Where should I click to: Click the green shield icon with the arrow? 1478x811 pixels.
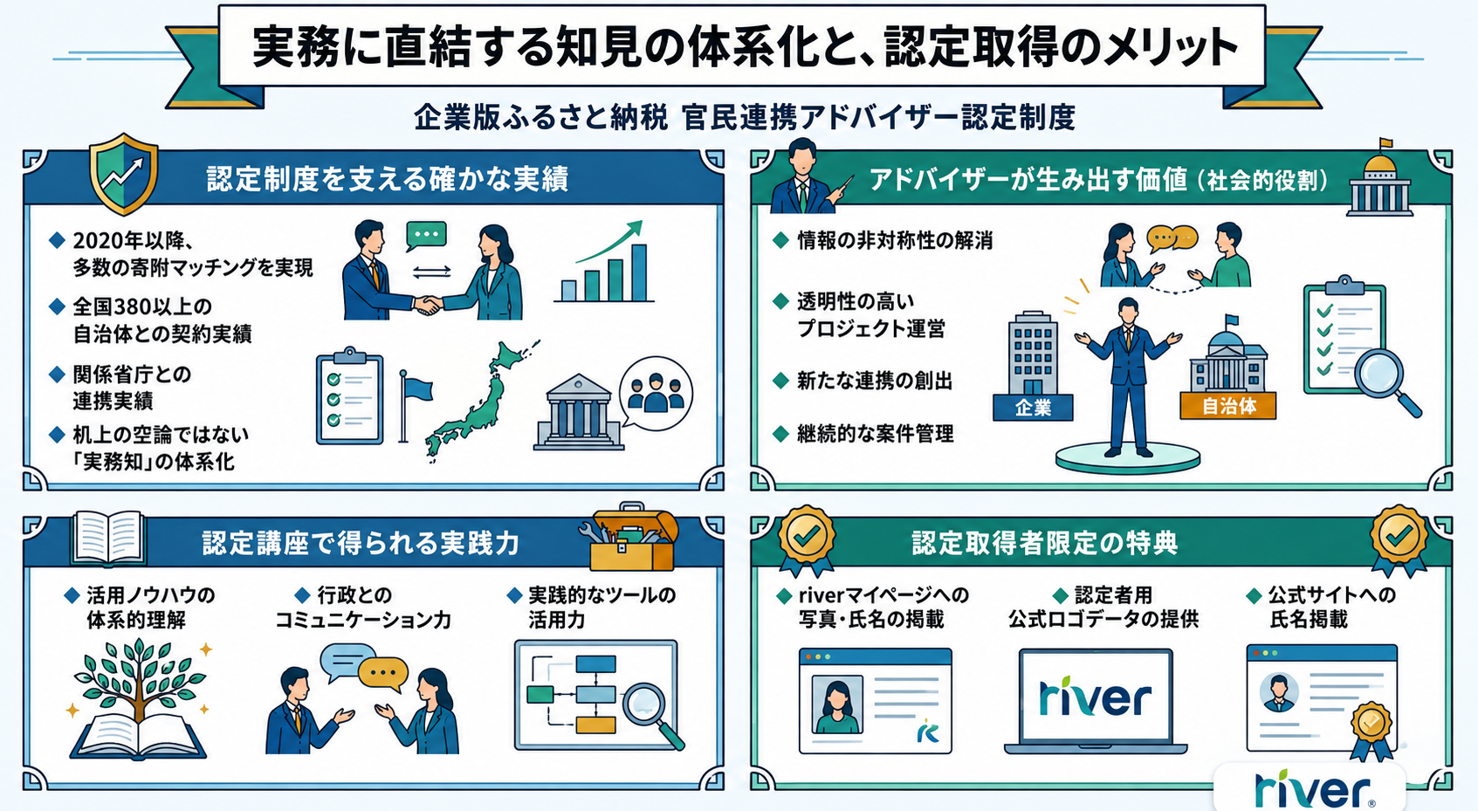point(123,174)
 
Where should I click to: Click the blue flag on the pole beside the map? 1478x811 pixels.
point(418,388)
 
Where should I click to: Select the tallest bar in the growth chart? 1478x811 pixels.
point(638,271)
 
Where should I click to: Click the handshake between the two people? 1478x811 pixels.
point(429,304)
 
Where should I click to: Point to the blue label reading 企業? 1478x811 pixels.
point(1033,408)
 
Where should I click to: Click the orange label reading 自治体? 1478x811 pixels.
point(1228,406)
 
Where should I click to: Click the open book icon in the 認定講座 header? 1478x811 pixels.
point(108,538)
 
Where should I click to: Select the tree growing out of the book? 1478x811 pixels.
point(140,680)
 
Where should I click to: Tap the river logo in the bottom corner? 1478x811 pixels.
point(1312,788)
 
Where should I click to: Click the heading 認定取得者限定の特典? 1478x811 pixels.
point(1045,543)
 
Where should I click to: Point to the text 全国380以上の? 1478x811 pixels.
point(141,306)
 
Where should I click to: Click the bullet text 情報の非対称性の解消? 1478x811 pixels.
point(895,240)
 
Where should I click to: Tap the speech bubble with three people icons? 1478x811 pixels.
point(656,394)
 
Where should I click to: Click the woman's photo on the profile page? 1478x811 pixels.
point(837,704)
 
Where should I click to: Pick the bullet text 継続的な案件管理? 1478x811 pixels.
point(875,434)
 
